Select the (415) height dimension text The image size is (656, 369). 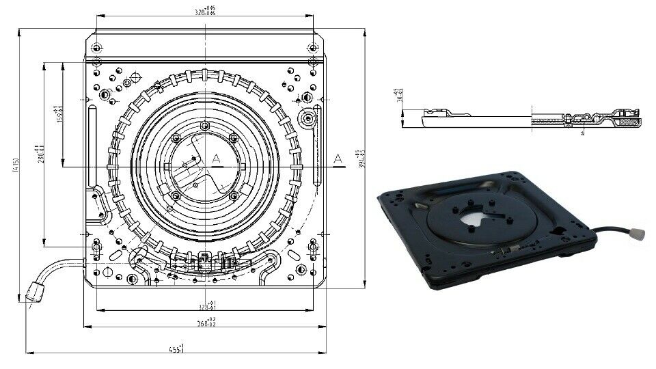(x=16, y=165)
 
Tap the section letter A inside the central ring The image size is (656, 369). (x=216, y=159)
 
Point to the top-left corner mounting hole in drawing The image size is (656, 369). (x=96, y=48)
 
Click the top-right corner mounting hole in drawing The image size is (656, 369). (x=312, y=48)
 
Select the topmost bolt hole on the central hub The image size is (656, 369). (x=205, y=124)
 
